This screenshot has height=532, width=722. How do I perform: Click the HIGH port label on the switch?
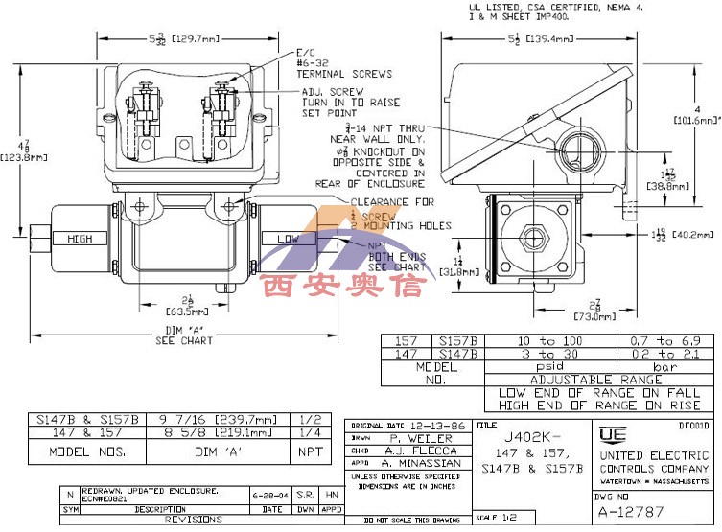point(79,238)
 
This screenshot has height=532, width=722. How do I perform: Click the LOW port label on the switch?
point(288,238)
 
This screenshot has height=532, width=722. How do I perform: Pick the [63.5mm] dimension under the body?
point(188,312)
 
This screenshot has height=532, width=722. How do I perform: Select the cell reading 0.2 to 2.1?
point(662,354)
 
